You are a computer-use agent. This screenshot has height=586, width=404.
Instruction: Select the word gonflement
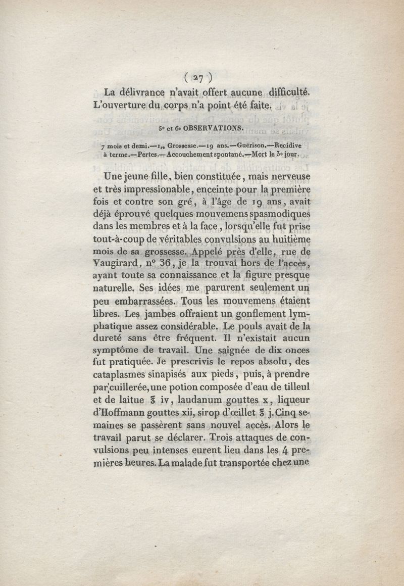pos(227,314)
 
